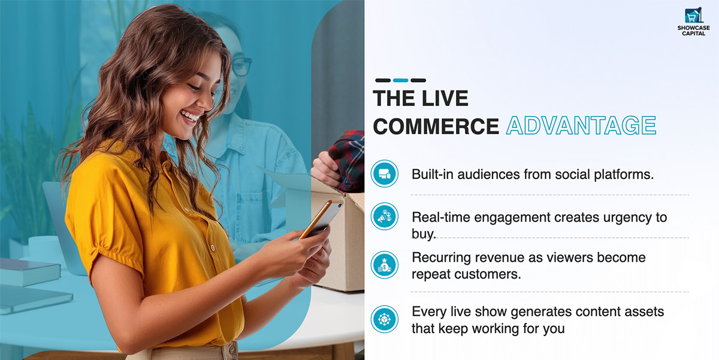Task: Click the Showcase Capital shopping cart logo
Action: [693, 15]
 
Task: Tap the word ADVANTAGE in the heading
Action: [581, 125]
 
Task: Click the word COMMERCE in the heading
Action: [436, 126]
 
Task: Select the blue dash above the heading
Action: [401, 80]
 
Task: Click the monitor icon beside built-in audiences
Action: [385, 174]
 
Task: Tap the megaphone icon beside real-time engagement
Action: [385, 216]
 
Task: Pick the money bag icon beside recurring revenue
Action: [385, 265]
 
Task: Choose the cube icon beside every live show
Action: [385, 319]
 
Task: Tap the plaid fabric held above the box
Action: [348, 159]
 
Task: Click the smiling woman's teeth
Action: [189, 116]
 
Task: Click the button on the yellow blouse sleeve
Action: [212, 247]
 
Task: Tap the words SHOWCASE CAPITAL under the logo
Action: [694, 31]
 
